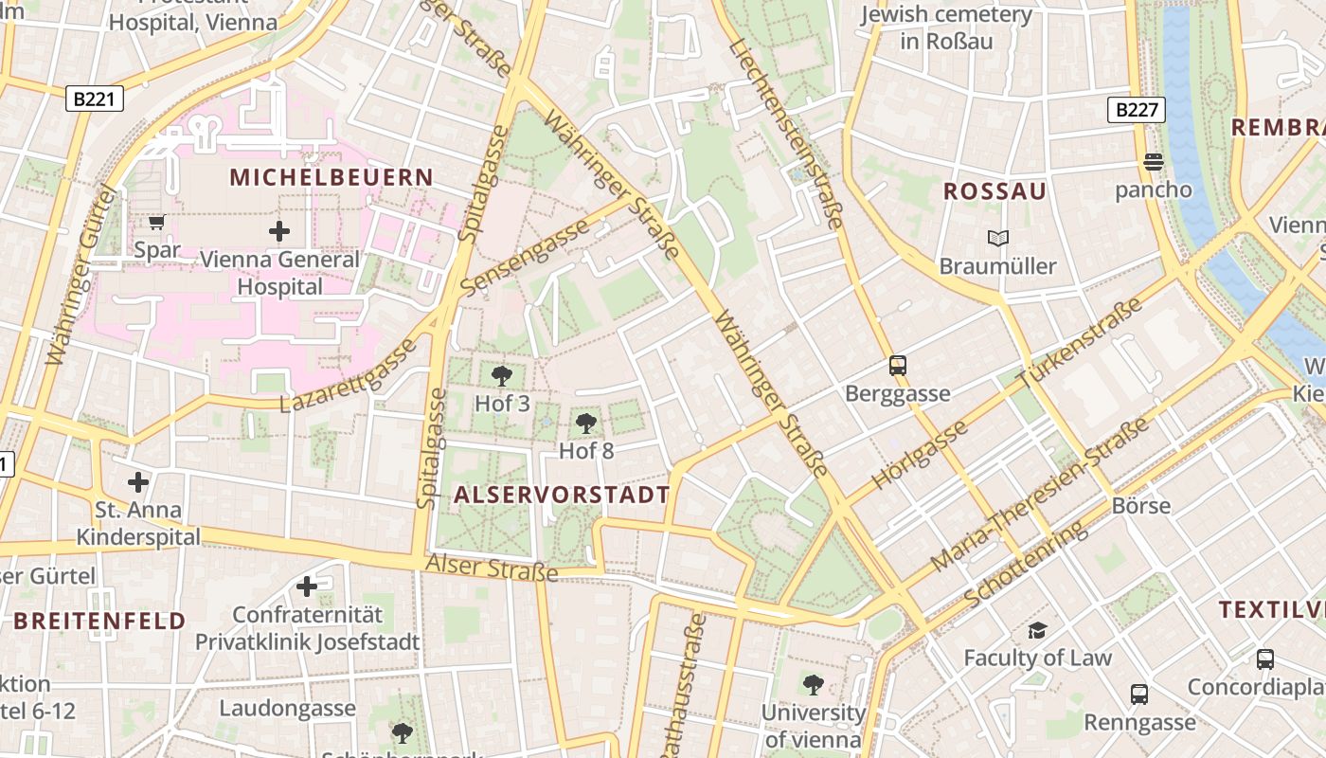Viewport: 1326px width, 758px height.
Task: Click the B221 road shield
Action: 95,99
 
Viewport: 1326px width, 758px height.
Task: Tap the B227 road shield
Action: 1137,110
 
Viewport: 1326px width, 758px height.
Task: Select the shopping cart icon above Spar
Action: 157,223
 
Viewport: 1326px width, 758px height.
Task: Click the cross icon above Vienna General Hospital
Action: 279,231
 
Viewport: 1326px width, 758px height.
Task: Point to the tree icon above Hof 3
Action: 502,376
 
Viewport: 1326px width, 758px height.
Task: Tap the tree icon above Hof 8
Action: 586,424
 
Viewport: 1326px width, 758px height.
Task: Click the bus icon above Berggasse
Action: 897,366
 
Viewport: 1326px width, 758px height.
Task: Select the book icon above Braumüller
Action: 997,239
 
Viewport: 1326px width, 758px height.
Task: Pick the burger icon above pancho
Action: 1153,162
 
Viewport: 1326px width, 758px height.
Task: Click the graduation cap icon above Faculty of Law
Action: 1037,631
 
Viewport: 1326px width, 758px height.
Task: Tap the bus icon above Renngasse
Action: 1139,695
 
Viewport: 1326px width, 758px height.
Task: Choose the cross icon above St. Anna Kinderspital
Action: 138,482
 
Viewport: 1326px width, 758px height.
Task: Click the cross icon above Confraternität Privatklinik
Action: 307,587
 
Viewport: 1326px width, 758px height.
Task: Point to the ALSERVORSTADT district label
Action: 562,495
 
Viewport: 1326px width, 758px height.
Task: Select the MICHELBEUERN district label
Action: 331,177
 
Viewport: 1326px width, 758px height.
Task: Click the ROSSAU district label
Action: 994,191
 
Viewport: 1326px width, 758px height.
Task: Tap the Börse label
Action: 1141,505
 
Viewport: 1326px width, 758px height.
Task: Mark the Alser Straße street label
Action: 492,568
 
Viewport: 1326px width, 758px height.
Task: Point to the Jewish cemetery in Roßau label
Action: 946,27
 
